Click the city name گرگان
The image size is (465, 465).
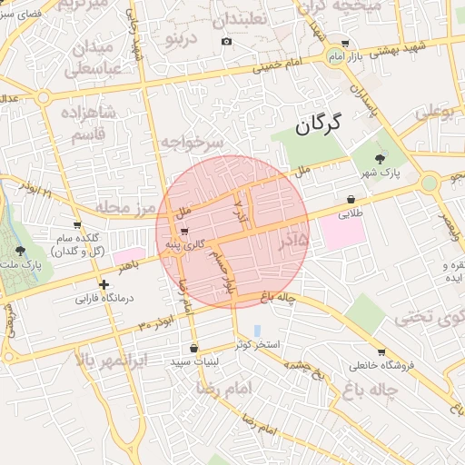pyautogui.click(x=316, y=124)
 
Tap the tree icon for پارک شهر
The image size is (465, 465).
pyautogui.click(x=379, y=158)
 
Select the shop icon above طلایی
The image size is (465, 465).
pyautogui.click(x=351, y=200)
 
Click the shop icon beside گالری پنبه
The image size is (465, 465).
pyautogui.click(x=185, y=231)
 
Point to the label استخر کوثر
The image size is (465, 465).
pyautogui.click(x=258, y=345)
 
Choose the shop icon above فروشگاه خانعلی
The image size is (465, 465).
pyautogui.click(x=381, y=352)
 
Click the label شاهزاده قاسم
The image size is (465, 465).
pyautogui.click(x=86, y=123)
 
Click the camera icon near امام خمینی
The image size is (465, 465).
pyautogui.click(x=226, y=41)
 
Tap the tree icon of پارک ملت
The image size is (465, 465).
pyautogui.click(x=21, y=249)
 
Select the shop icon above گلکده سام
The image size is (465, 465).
pyautogui.click(x=77, y=224)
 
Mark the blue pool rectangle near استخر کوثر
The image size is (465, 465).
pyautogui.click(x=257, y=330)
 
